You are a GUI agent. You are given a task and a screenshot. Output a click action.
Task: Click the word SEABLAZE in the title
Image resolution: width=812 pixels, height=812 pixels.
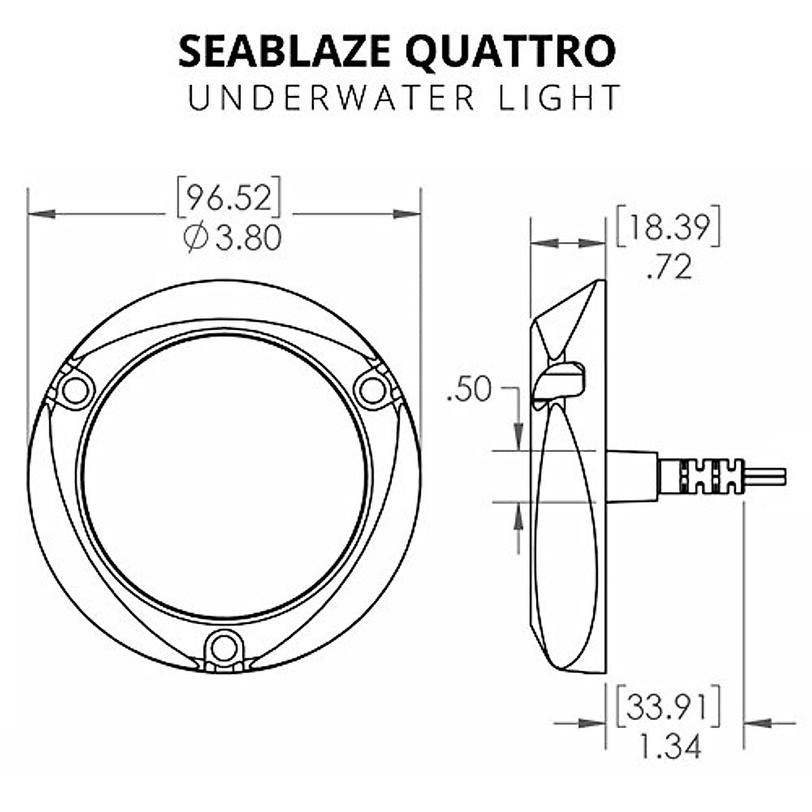pos(284,51)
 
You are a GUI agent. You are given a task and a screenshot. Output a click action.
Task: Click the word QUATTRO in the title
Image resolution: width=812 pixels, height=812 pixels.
pos(511,52)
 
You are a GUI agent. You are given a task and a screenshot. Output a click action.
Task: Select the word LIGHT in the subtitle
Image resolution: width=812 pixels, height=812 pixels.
pos(559,97)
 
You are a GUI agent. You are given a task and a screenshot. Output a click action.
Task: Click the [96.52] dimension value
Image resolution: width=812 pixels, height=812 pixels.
pos(229,197)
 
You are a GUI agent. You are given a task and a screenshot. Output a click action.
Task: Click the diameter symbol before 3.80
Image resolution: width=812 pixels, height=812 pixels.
pos(196,238)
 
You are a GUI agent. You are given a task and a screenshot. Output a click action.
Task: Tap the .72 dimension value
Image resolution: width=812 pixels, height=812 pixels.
pos(669,267)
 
